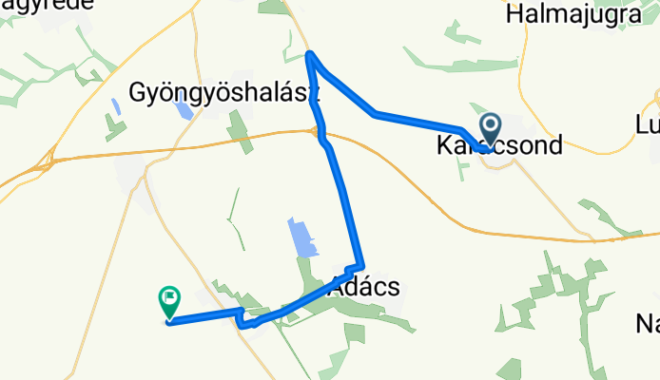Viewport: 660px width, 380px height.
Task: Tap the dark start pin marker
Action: coord(491,128)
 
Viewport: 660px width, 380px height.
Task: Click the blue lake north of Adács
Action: coord(301,237)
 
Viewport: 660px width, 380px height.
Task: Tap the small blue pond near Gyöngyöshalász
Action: coord(184,105)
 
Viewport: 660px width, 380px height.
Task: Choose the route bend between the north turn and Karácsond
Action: coord(377,114)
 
